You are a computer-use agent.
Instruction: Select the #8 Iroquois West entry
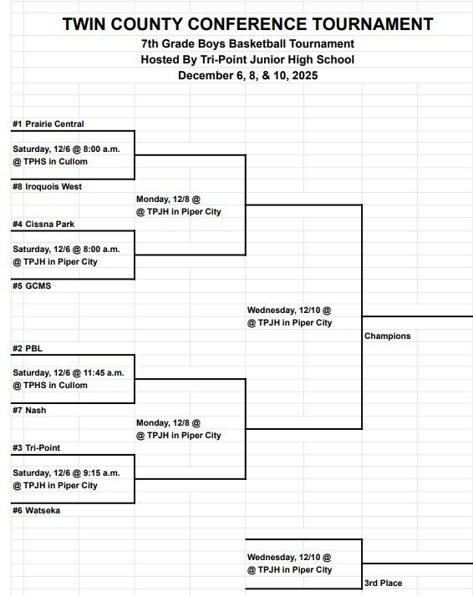click(x=47, y=187)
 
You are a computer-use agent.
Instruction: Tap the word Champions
click(x=388, y=336)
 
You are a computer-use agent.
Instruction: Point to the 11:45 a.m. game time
click(x=98, y=373)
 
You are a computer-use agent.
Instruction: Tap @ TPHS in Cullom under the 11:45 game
click(x=50, y=386)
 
